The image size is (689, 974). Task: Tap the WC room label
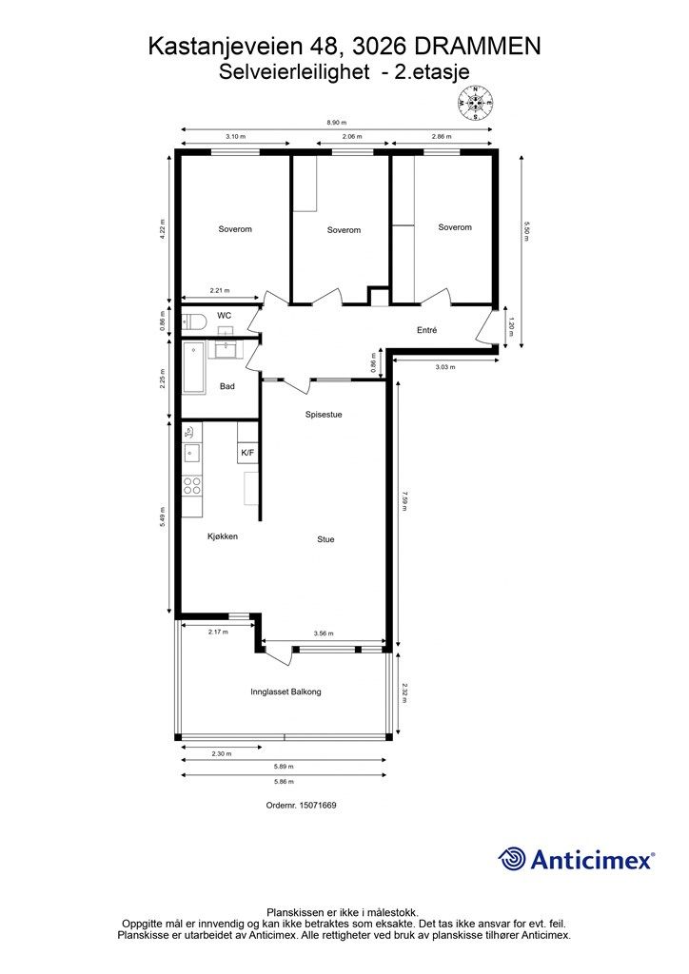click(x=225, y=315)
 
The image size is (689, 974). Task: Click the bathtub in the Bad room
click(x=194, y=367)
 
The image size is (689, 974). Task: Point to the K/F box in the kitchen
click(x=247, y=453)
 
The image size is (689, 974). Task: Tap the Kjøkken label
click(x=223, y=536)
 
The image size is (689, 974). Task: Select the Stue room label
click(x=325, y=539)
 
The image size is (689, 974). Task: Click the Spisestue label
click(x=324, y=415)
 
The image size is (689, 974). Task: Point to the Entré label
click(x=426, y=330)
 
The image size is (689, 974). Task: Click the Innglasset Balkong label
click(x=285, y=692)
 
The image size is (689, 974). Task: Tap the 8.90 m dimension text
click(x=337, y=123)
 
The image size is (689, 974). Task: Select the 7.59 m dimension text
click(x=404, y=500)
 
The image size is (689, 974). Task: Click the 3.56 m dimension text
click(x=325, y=633)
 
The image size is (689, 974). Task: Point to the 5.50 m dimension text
click(x=525, y=231)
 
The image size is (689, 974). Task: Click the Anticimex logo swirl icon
click(x=513, y=859)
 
